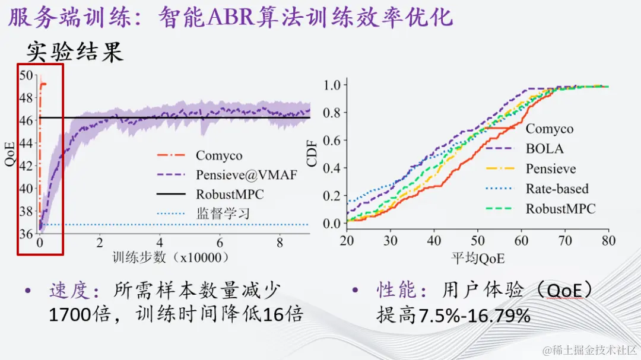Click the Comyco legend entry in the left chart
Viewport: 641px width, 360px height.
click(219, 156)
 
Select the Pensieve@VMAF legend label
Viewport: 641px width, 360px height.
click(246, 175)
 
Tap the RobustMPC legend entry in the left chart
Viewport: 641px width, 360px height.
click(229, 194)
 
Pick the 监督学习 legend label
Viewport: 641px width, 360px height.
click(223, 214)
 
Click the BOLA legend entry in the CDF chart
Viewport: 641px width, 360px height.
click(544, 149)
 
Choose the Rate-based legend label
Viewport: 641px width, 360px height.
click(557, 189)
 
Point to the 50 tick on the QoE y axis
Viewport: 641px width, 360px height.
click(26, 75)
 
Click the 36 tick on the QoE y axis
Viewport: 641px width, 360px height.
click(26, 234)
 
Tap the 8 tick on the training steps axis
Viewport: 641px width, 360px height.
click(280, 244)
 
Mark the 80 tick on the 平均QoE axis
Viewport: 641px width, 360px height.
click(608, 241)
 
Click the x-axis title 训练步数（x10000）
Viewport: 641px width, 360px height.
click(170, 259)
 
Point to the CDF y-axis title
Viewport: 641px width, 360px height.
click(312, 154)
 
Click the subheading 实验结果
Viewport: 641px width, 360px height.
click(75, 52)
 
